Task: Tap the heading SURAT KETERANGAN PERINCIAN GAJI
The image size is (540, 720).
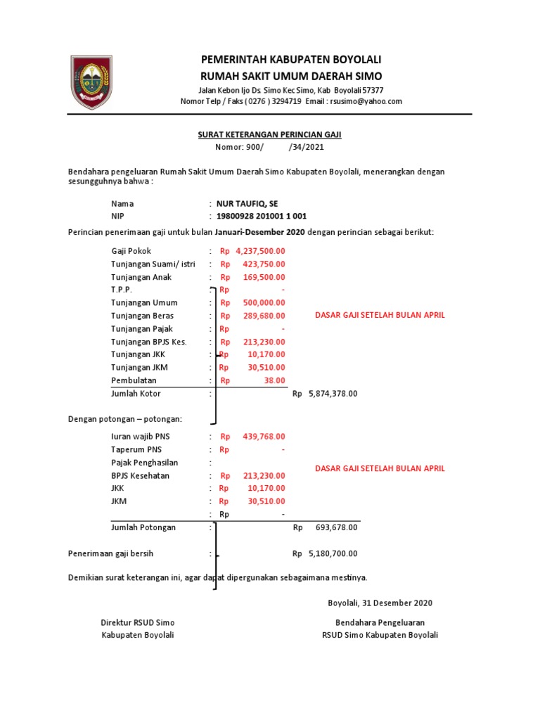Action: [x=269, y=134]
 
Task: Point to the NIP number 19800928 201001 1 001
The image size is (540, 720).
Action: [x=262, y=216]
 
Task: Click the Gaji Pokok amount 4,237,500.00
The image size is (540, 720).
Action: [x=260, y=251]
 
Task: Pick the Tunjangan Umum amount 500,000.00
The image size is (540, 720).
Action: [x=264, y=302]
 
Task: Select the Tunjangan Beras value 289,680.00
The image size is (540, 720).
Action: [x=264, y=316]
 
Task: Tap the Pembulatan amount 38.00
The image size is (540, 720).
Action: [x=275, y=380]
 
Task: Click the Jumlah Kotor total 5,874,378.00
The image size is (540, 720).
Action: [x=333, y=394]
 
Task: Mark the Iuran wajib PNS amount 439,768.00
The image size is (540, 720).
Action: [x=264, y=437]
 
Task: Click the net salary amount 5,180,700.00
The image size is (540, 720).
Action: [x=333, y=554]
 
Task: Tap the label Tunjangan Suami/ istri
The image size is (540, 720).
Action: [x=153, y=264]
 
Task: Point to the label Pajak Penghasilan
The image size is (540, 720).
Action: [x=144, y=463]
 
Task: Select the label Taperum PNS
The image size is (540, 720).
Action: [x=136, y=449]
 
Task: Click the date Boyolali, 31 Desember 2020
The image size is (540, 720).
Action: [x=380, y=603]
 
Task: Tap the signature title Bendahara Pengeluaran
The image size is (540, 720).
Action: [x=380, y=622]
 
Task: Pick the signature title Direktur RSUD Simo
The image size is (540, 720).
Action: [x=138, y=622]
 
